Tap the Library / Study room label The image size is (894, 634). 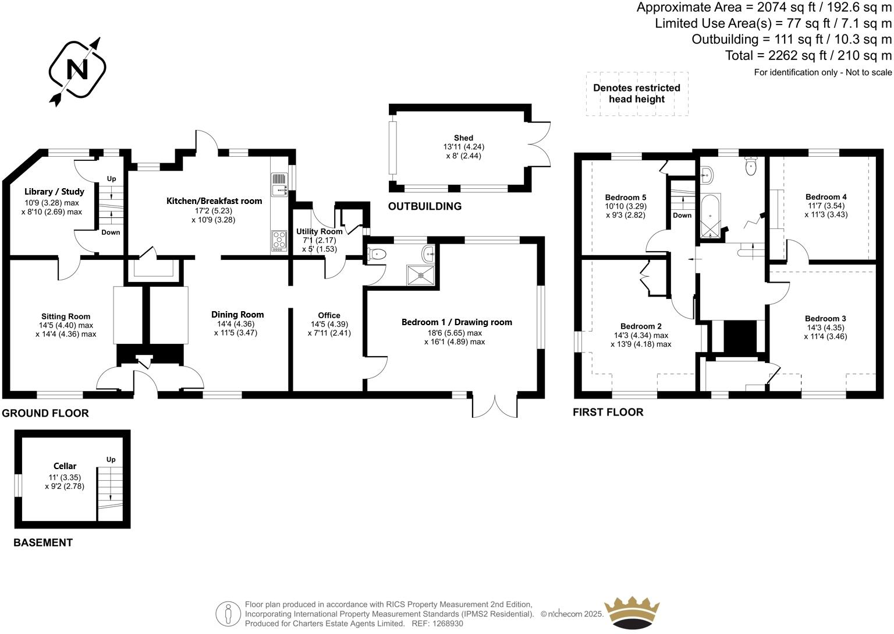(x=54, y=192)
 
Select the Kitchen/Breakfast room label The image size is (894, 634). (x=214, y=201)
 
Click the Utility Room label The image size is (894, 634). (x=319, y=231)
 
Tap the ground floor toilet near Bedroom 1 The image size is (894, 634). (x=377, y=254)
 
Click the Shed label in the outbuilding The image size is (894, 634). (x=463, y=138)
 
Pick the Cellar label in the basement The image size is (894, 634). (x=65, y=466)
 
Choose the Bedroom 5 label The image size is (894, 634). (x=625, y=198)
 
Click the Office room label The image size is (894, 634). (x=329, y=315)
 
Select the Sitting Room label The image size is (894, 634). (x=65, y=317)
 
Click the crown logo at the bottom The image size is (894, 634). (x=632, y=612)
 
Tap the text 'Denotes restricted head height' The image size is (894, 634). (x=636, y=93)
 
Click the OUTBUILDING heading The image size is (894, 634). (x=424, y=206)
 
